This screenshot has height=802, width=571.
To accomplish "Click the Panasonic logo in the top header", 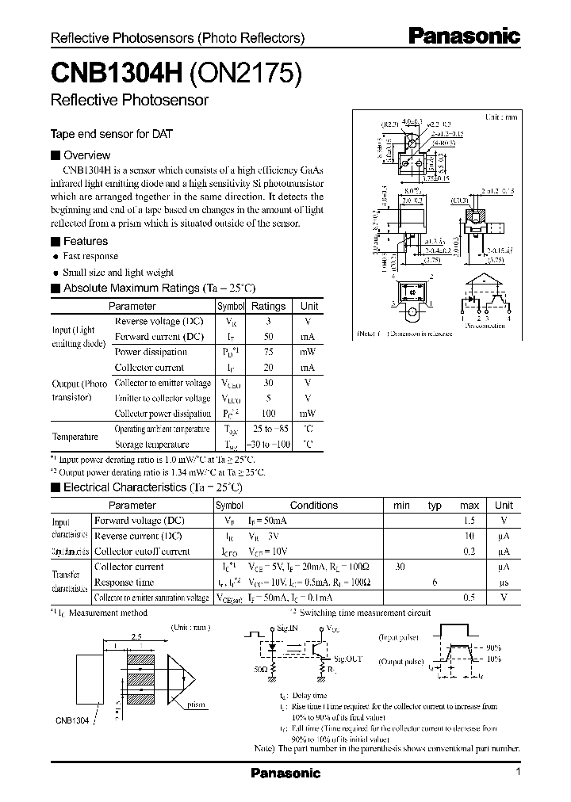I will pyautogui.click(x=464, y=36).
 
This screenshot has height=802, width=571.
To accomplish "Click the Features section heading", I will pyautogui.click(x=85, y=241).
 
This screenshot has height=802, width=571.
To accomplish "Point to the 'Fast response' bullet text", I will pyautogui.click(x=90, y=257).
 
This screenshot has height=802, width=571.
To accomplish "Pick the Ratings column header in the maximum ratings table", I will pyautogui.click(x=268, y=306).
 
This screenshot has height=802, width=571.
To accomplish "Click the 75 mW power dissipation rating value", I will pyautogui.click(x=268, y=352).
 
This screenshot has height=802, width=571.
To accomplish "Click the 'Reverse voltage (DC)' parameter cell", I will pyautogui.click(x=159, y=322).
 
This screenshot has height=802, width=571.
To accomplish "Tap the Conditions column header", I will pyautogui.click(x=313, y=505).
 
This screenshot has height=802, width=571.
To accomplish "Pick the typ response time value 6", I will pyautogui.click(x=435, y=582).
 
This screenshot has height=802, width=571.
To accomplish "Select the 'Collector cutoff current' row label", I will pyautogui.click(x=142, y=551).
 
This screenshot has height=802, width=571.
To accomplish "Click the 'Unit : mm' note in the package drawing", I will pyautogui.click(x=500, y=117).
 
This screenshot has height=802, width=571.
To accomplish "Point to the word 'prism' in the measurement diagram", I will pyautogui.click(x=197, y=704).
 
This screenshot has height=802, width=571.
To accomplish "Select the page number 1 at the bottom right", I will pyautogui.click(x=517, y=772).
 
